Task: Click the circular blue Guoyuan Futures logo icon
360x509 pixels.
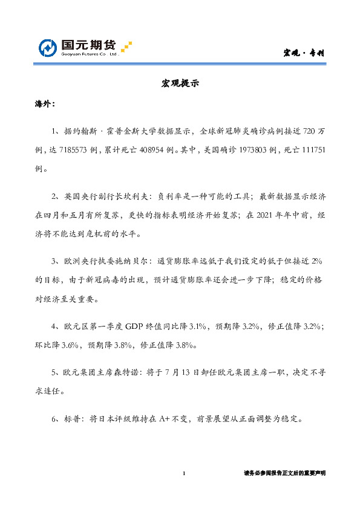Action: click(48, 48)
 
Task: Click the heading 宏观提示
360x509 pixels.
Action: click(180, 85)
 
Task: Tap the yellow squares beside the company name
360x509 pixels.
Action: click(126, 47)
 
